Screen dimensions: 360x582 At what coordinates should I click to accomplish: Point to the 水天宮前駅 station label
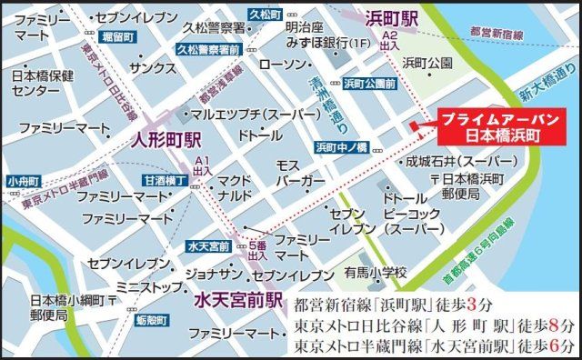tap(236, 300)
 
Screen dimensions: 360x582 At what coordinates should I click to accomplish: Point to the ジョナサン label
tap(214, 273)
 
